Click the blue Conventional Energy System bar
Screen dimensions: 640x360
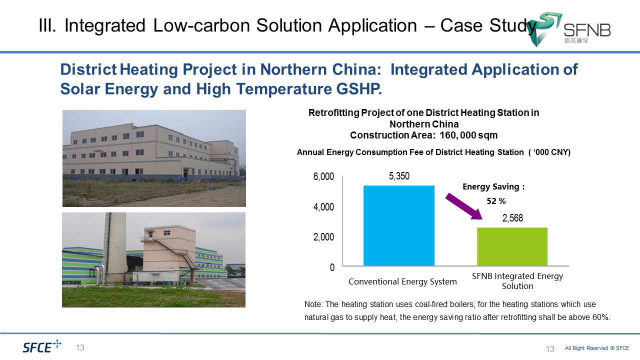pos(399,225)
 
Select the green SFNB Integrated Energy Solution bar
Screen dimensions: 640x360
pos(512,246)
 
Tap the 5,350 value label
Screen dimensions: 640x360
pos(399,176)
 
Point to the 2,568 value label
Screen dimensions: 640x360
pos(512,218)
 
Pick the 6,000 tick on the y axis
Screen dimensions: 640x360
pos(323,176)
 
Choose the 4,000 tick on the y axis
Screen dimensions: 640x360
pos(323,207)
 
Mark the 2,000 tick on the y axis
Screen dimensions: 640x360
pos(323,237)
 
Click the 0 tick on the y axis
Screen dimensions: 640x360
pos(332,267)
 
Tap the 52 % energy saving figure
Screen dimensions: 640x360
pos(496,201)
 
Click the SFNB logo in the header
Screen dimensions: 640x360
pos(568,29)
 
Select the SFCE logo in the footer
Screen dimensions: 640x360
pos(42,346)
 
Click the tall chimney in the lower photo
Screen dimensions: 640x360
pos(114,248)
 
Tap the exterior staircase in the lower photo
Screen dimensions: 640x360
pos(175,253)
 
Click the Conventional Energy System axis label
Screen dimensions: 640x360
pos(402,281)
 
